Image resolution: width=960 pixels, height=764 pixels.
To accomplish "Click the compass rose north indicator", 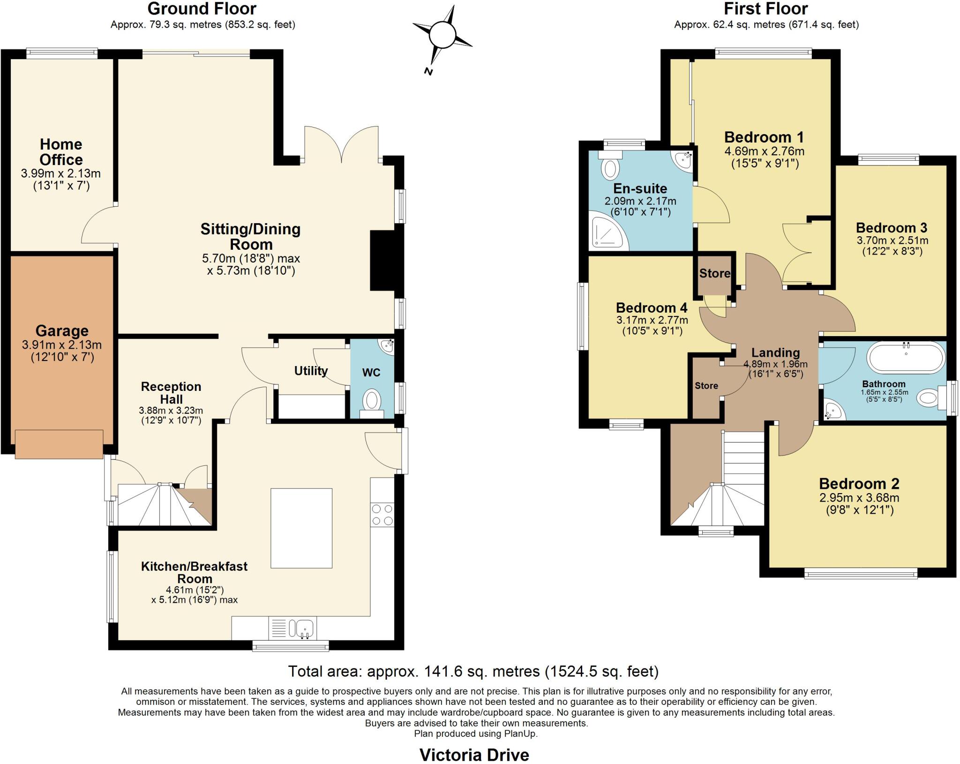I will click(x=428, y=71).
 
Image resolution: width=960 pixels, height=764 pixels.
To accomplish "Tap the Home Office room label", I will click(x=61, y=152).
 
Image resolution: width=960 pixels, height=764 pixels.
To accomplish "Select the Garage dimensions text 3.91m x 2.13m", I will click(x=62, y=345).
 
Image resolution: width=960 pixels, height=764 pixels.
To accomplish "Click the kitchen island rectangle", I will click(x=301, y=528).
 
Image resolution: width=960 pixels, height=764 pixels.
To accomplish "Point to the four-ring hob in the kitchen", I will click(x=382, y=515).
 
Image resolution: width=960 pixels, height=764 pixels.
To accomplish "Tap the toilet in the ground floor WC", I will click(x=372, y=402).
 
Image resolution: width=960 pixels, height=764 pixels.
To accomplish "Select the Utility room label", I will click(x=311, y=371).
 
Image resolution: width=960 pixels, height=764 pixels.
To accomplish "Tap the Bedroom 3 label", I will click(x=892, y=228).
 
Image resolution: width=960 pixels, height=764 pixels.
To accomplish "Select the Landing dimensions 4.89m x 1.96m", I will click(x=775, y=364).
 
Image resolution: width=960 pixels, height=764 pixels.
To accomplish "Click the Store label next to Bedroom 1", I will click(x=714, y=273).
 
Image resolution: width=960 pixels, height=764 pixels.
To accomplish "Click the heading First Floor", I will click(x=766, y=9).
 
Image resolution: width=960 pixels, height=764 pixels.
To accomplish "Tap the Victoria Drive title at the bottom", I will click(x=474, y=755).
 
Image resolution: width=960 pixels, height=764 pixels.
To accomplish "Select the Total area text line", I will click(x=473, y=672).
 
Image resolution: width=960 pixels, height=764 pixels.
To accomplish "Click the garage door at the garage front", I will click(x=59, y=444).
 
